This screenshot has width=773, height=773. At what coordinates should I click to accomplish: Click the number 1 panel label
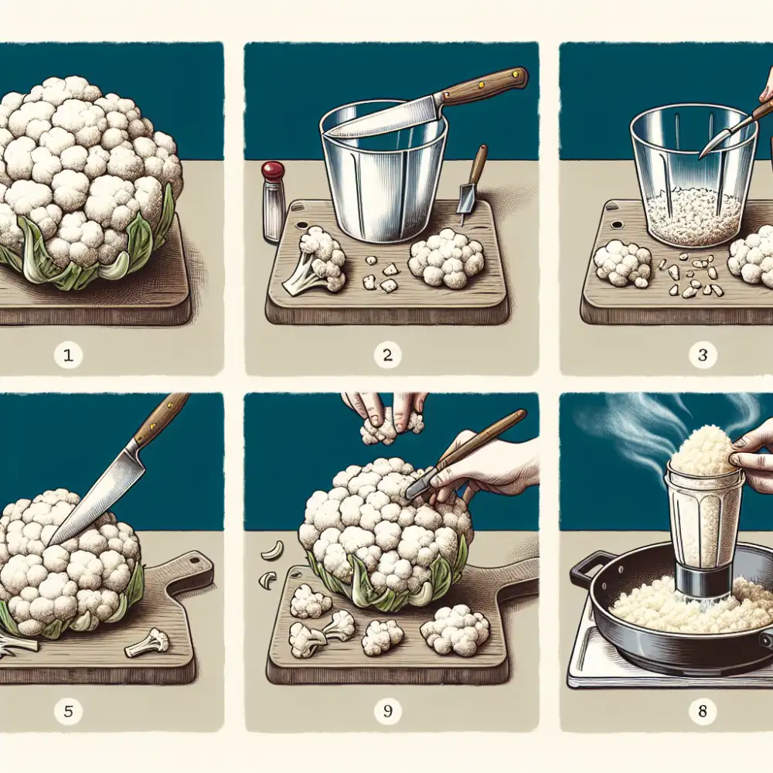click(69, 356)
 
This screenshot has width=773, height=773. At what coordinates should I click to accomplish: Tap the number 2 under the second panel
click(387, 356)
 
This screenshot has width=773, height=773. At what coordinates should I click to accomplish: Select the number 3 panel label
click(701, 356)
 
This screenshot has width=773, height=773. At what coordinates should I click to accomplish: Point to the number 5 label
click(69, 711)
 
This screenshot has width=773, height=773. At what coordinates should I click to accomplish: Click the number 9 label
click(387, 711)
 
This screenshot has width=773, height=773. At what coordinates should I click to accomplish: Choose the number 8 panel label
click(701, 711)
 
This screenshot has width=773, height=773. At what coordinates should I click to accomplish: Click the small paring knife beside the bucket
click(471, 186)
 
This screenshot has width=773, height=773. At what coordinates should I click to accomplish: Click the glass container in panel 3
click(692, 174)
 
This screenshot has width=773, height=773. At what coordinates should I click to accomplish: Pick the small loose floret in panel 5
click(148, 641)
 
